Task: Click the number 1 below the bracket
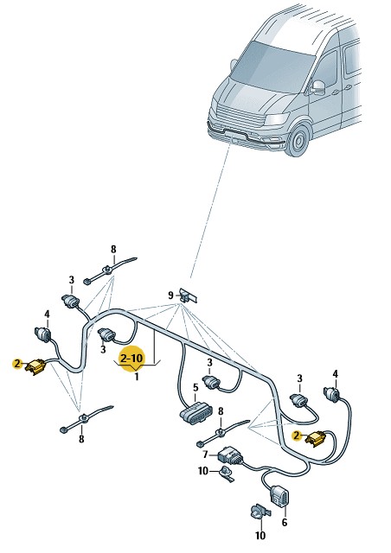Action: tap(137, 377)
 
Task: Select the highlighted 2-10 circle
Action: tap(132, 359)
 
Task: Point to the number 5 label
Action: tap(195, 388)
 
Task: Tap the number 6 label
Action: tap(285, 522)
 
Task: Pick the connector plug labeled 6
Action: tap(279, 495)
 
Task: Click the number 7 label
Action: tap(206, 454)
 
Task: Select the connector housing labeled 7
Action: tap(230, 456)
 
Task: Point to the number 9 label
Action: tap(170, 295)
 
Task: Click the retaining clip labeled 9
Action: tap(188, 296)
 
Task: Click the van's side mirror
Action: tap(317, 87)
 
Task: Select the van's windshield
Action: tap(272, 67)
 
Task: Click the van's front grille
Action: tap(240, 118)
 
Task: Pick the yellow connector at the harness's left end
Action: tap(35, 366)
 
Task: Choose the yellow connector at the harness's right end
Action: tap(316, 439)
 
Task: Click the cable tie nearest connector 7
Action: tap(222, 431)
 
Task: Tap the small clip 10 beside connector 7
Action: tap(226, 474)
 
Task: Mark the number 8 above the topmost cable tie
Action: tap(113, 250)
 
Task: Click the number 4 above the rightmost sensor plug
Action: tap(335, 374)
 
